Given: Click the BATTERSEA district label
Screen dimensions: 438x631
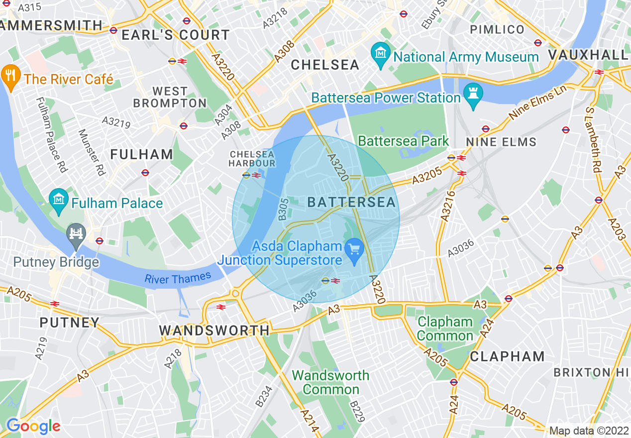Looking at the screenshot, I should [x=351, y=202].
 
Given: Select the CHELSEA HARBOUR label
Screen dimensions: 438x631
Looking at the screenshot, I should [x=252, y=158].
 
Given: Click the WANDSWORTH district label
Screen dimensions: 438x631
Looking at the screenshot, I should [x=214, y=330].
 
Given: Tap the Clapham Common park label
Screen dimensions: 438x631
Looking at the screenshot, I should [x=445, y=328].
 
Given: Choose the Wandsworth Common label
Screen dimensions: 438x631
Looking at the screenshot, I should [x=330, y=382].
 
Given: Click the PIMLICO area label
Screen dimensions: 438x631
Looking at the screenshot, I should [x=497, y=29].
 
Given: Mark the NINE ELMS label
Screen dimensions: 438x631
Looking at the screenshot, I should [x=501, y=142].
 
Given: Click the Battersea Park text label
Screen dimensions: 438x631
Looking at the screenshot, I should [x=403, y=141].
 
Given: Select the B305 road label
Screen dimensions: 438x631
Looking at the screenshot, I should [x=283, y=210].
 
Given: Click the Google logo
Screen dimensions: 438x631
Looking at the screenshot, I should [x=33, y=426].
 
